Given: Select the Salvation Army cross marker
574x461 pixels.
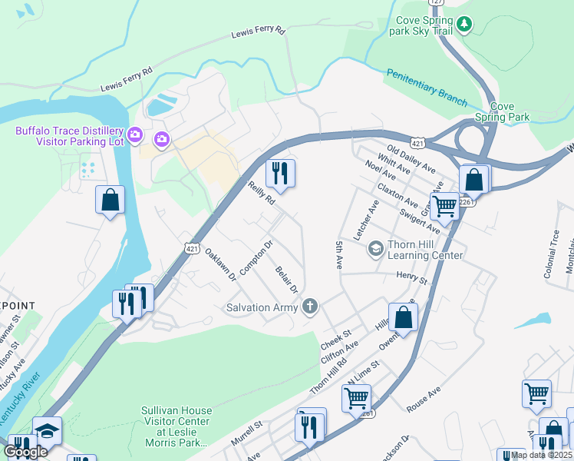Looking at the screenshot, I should click(x=309, y=307).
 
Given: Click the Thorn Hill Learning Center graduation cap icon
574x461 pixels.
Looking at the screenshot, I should click(x=375, y=247).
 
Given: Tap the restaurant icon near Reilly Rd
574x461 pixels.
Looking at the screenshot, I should click(x=280, y=174).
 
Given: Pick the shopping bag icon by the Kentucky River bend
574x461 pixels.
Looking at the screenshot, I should click(x=110, y=200).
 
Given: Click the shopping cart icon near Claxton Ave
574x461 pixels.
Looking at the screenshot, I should click(x=444, y=206).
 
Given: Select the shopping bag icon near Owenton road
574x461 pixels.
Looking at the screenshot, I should click(x=403, y=316).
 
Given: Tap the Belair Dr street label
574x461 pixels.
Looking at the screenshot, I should click(x=286, y=278).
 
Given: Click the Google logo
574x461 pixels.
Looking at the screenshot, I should click(x=25, y=452).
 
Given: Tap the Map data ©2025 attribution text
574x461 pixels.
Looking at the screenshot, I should click(x=541, y=455).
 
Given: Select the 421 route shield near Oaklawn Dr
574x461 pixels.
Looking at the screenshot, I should click(x=193, y=247).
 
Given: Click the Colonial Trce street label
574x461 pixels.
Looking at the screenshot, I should click(x=555, y=245).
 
